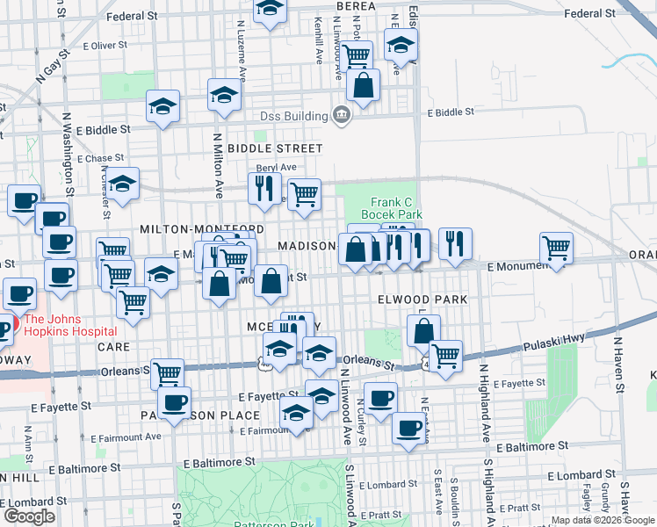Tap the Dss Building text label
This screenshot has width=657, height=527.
click(x=292, y=115)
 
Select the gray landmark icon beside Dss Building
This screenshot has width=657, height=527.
click(x=342, y=114)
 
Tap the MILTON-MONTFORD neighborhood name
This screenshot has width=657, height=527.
click(x=191, y=228)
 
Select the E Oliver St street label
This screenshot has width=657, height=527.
click(x=105, y=46)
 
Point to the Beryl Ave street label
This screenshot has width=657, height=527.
click(x=276, y=167)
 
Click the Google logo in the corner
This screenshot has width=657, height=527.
click(x=29, y=516)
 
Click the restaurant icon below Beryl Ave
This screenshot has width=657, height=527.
click(x=264, y=188)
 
